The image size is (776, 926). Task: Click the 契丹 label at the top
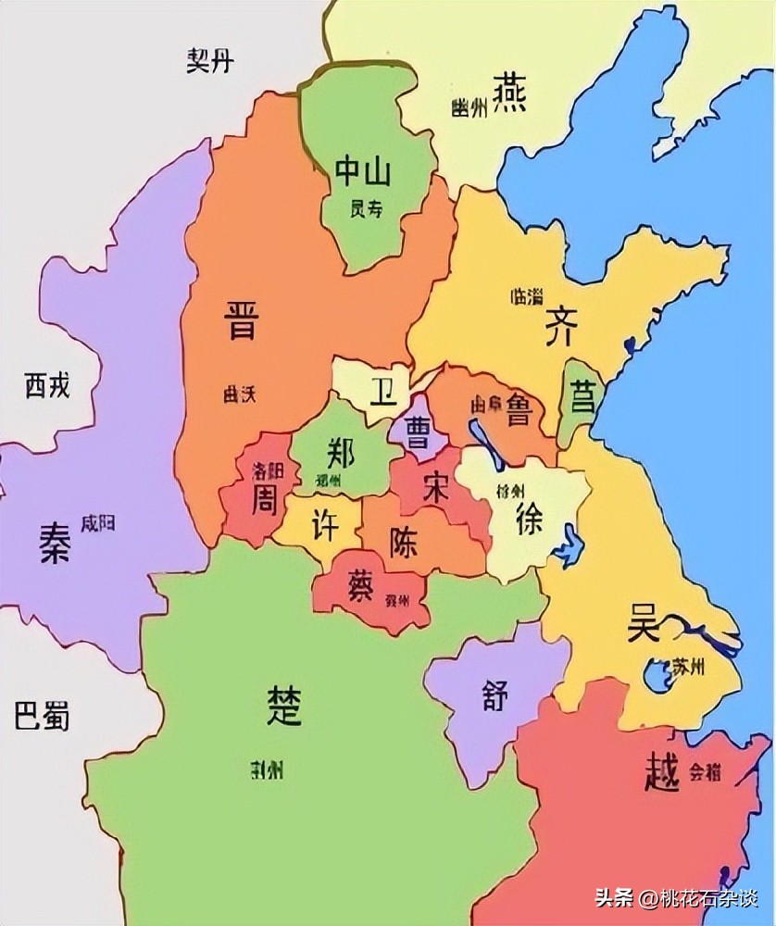210,61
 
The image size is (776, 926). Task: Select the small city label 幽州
469,108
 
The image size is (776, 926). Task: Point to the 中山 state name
362,171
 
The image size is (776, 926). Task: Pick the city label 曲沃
238,394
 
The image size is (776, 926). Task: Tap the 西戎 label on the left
47,384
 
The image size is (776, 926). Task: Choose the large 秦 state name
55,543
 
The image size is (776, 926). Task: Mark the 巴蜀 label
43,716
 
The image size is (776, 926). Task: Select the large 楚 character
283,707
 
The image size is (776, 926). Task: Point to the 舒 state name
494,694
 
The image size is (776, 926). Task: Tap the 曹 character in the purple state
418,435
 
